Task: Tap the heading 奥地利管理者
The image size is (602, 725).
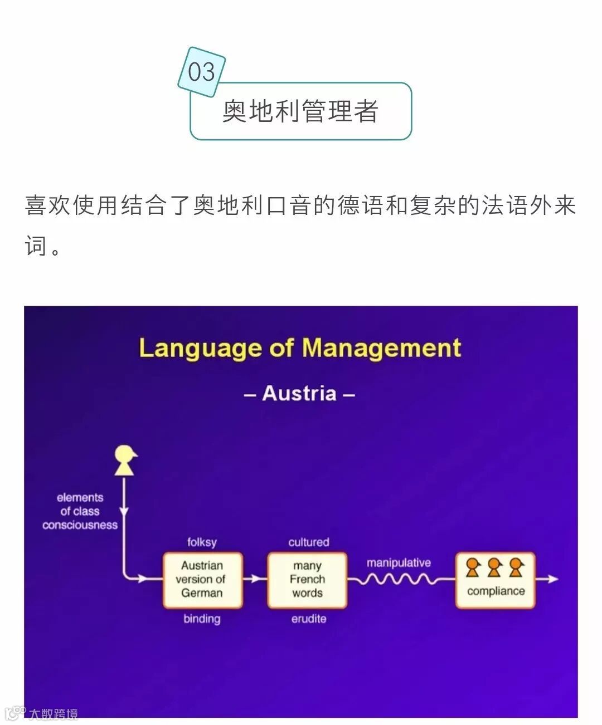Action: [300, 111]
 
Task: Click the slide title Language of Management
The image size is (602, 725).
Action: [300, 348]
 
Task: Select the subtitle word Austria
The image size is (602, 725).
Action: [299, 393]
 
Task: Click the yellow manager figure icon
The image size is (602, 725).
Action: [125, 460]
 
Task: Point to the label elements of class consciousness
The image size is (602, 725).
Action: [80, 511]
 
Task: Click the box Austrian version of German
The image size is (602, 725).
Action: [202, 580]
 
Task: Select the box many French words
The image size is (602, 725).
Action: [307, 580]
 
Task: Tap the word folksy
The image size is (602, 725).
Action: [202, 542]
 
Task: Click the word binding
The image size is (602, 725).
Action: [202, 619]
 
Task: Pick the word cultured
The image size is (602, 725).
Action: [309, 542]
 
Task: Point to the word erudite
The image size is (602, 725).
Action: [309, 619]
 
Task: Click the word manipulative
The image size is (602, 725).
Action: [399, 562]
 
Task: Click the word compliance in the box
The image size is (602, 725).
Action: [496, 591]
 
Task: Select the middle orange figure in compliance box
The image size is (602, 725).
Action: [494, 567]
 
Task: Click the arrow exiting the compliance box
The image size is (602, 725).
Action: [547, 579]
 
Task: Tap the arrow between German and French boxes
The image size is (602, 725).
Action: [255, 579]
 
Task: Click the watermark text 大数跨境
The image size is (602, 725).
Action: [54, 714]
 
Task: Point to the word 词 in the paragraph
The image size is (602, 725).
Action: [35, 246]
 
